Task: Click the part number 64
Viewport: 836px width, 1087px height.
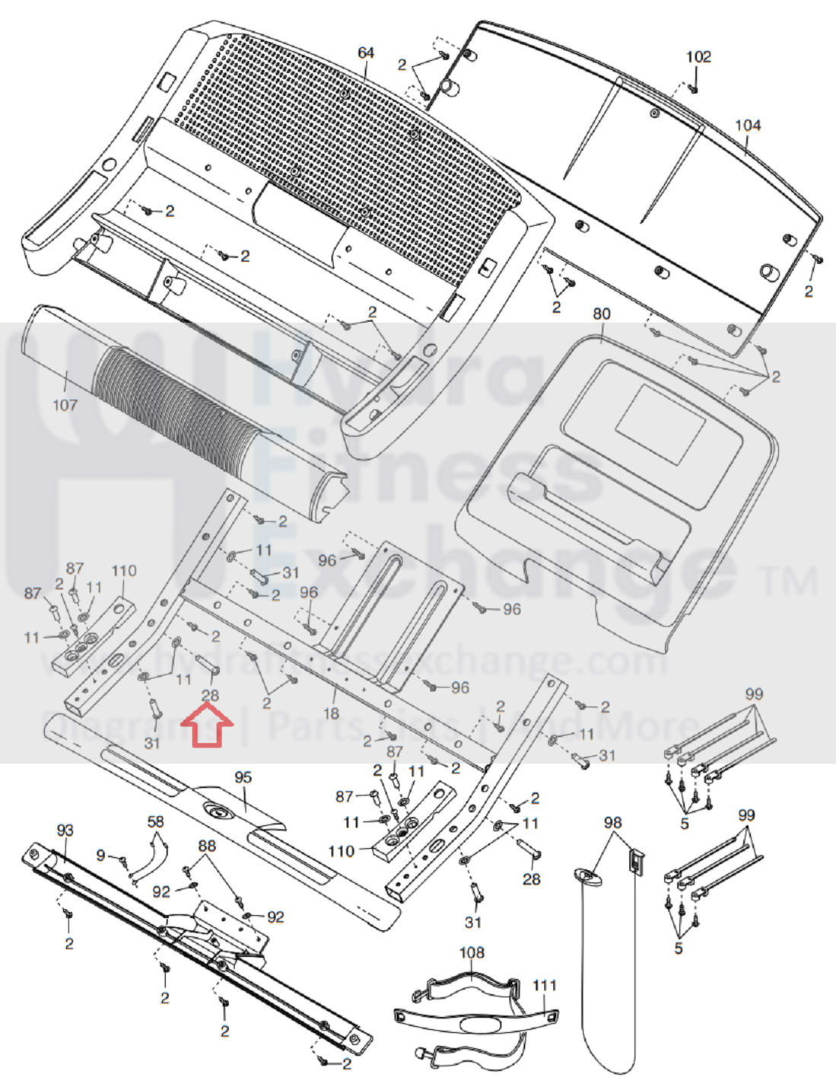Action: coord(366,53)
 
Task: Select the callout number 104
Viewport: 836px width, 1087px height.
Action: coord(748,125)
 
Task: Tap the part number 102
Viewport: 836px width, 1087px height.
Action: coord(698,56)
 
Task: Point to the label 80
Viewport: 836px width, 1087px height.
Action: coord(602,314)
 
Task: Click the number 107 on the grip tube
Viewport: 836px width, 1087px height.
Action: coord(65,404)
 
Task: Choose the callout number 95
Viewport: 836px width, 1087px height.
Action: coord(243,777)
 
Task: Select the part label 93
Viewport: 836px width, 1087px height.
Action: coord(65,829)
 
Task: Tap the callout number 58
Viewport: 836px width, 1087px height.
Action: coord(155,821)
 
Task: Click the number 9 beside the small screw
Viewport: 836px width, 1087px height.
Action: coord(101,855)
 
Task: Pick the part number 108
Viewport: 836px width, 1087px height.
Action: coord(472,952)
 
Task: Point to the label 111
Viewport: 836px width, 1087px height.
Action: coord(545,985)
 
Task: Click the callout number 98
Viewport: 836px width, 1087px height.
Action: coord(612,822)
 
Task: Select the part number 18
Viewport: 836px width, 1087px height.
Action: coord(331,713)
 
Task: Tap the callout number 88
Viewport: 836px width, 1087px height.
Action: coord(206,846)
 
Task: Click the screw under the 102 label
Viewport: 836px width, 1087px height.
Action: coord(693,89)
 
